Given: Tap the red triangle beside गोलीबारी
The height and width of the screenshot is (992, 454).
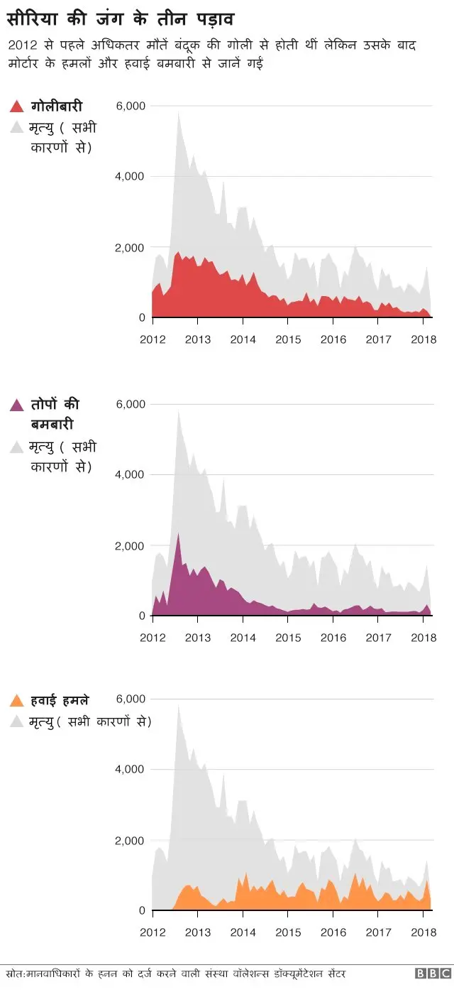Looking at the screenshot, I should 17,107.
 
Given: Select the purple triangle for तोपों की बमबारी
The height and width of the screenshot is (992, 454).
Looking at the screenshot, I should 17,405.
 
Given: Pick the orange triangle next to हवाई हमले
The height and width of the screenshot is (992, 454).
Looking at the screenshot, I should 17,702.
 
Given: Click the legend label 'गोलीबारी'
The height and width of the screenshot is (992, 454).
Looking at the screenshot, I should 57,107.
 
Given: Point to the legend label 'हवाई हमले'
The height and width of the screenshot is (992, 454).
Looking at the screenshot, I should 60,701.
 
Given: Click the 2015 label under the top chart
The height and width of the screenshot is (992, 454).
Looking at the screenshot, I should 288,339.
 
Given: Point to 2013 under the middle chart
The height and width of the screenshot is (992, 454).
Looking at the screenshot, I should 197,638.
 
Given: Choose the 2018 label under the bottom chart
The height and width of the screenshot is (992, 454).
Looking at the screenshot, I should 423,932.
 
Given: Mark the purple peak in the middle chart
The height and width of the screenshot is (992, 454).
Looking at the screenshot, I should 178,534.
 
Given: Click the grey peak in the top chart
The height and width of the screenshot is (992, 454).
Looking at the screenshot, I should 178,114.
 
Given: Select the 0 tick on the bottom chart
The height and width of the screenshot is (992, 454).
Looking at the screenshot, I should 141,910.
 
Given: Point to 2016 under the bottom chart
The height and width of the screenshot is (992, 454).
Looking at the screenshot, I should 333,932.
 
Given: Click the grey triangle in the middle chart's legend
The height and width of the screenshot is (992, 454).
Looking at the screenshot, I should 17,448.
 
